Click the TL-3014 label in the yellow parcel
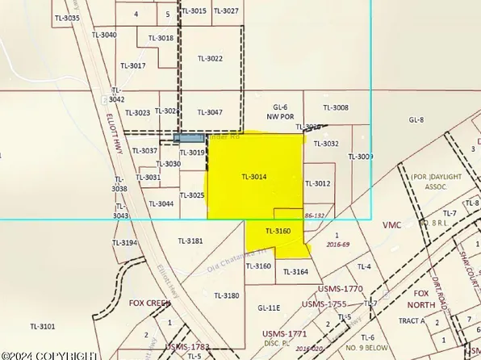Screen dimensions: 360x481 point(253,176)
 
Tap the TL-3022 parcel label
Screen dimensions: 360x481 point(210,58)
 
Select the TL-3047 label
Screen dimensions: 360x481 point(210,112)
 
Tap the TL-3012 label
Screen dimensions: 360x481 point(318,183)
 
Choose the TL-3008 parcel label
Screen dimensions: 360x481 point(336,107)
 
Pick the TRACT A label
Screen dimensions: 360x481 point(411,320)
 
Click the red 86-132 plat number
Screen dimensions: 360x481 point(316,216)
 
